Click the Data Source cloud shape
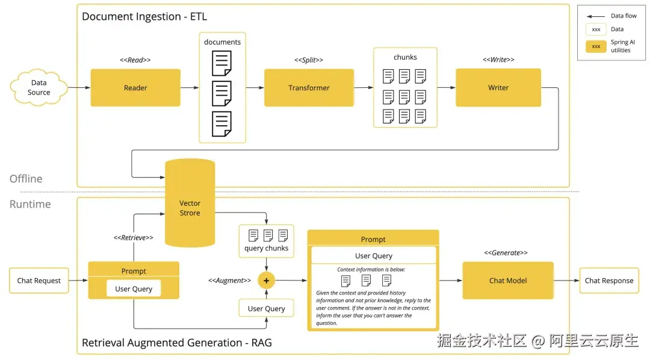click(x=39, y=88)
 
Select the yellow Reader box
click(x=135, y=88)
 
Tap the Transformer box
click(x=309, y=88)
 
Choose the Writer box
click(x=498, y=88)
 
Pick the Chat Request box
click(x=39, y=281)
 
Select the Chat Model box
click(x=508, y=281)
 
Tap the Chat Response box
click(x=609, y=281)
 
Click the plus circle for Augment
click(x=266, y=281)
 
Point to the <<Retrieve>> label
click(x=134, y=238)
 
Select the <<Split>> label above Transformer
click(x=309, y=60)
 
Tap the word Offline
click(x=26, y=179)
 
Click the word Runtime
click(x=30, y=204)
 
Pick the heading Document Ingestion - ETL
click(x=144, y=17)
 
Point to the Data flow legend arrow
click(x=596, y=16)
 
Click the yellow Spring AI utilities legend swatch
click(x=596, y=46)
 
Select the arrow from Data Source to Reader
click(x=79, y=88)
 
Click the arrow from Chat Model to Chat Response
click(x=566, y=281)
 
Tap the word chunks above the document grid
click(x=405, y=57)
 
